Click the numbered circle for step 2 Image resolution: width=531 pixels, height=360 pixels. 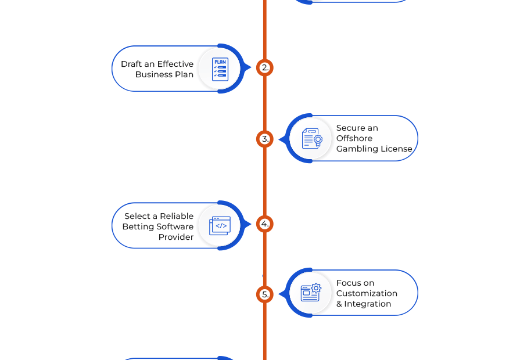tap(265, 68)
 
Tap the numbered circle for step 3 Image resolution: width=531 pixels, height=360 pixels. tap(265, 139)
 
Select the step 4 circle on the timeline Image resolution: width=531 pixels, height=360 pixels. tap(265, 224)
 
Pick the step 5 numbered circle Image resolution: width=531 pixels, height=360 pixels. tap(265, 294)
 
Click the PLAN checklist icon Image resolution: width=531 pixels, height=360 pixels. tap(220, 69)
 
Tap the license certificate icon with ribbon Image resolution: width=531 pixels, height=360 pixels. tap(312, 138)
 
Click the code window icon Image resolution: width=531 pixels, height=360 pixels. tap(220, 226)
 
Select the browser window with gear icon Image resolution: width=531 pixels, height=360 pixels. tap(311, 292)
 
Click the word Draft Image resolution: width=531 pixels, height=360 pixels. tap(131, 64)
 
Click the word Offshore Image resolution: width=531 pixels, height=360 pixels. tap(354, 138)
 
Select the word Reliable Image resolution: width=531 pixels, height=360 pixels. tap(177, 216)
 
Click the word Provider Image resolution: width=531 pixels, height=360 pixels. tap(176, 237)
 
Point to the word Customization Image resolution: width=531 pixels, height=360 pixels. tap(367, 293)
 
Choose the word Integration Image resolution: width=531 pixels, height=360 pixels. tap(367, 304)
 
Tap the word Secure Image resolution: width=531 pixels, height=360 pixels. tap(349, 128)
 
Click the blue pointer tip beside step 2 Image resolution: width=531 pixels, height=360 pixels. tap(250, 68)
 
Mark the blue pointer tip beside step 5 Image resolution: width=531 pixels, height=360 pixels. tap(279, 294)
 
